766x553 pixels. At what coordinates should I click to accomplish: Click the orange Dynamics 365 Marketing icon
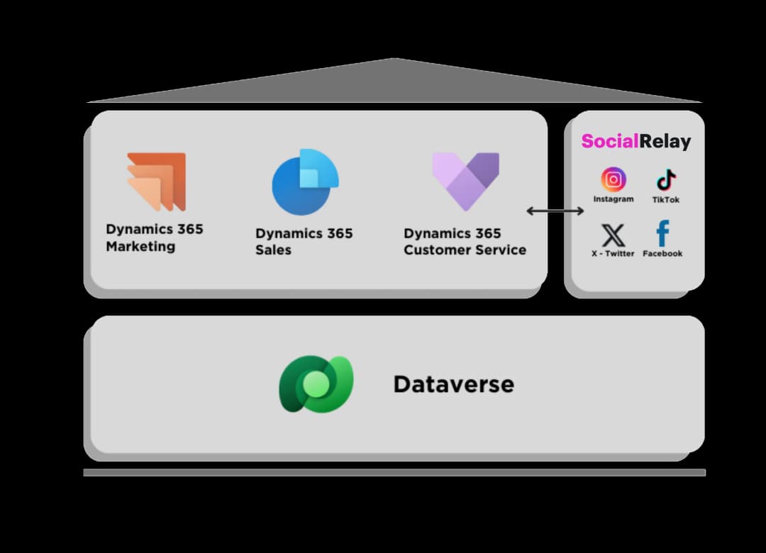tap(157, 181)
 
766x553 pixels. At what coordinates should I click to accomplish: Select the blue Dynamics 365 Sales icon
tap(306, 182)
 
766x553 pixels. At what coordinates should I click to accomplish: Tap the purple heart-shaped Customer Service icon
tap(465, 181)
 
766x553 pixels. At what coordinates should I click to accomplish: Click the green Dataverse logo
tap(316, 384)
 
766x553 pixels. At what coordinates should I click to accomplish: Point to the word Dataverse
tap(453, 384)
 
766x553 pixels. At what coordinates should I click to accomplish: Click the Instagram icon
tap(614, 179)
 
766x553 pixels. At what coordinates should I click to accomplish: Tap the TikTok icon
tap(666, 180)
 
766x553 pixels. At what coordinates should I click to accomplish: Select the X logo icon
tap(613, 235)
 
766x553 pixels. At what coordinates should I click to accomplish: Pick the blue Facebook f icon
tap(662, 233)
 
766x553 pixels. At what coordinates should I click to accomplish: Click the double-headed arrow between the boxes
tap(555, 211)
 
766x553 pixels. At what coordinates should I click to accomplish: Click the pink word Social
tap(609, 141)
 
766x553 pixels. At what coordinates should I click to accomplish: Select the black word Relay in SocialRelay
tap(665, 141)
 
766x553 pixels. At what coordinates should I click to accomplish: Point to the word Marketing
tap(140, 247)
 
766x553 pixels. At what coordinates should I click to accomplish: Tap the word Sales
tap(273, 250)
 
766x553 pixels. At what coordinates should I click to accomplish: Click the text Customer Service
tap(465, 250)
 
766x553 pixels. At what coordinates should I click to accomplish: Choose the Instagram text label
tap(614, 200)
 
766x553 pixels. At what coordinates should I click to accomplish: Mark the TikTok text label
tap(666, 200)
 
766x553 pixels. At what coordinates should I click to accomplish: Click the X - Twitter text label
tap(613, 254)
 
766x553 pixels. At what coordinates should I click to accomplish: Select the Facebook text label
tap(662, 254)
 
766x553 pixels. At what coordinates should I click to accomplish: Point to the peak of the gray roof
tap(394, 60)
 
